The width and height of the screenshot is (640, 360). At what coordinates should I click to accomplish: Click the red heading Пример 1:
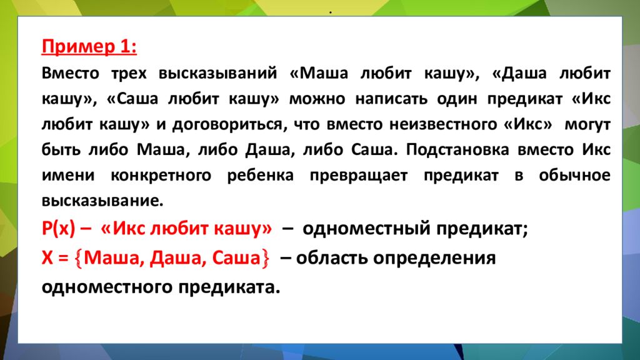(x=90, y=47)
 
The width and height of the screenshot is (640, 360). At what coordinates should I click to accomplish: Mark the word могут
(x=587, y=124)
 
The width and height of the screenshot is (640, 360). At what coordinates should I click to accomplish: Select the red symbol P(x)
(x=58, y=229)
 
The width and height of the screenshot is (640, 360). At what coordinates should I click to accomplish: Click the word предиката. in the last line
(x=229, y=287)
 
